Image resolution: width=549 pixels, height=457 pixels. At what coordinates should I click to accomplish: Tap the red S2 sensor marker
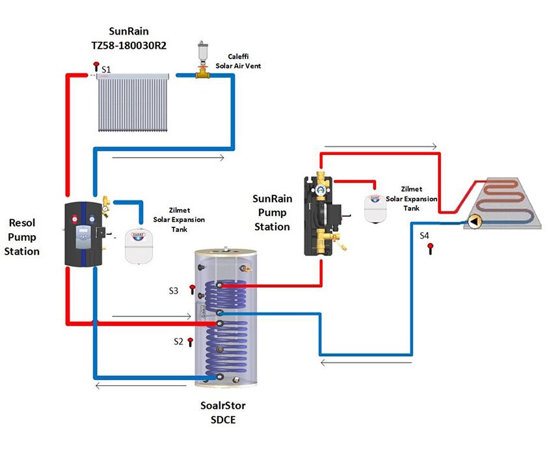click(x=190, y=341)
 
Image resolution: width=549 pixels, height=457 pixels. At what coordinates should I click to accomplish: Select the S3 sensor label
click(x=173, y=291)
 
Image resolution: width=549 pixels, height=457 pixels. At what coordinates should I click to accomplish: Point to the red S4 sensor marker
click(x=430, y=247)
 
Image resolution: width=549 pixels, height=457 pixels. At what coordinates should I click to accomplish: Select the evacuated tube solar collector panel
click(x=134, y=102)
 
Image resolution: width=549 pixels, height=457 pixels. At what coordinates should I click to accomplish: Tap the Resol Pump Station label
click(x=21, y=236)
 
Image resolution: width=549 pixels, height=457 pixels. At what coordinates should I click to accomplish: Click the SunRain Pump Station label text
click(x=272, y=212)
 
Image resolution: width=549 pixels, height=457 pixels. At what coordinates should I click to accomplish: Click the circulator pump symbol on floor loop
click(x=474, y=221)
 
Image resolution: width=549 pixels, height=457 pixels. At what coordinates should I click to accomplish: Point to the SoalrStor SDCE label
click(x=223, y=413)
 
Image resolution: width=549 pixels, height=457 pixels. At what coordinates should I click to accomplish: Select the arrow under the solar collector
click(x=168, y=157)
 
